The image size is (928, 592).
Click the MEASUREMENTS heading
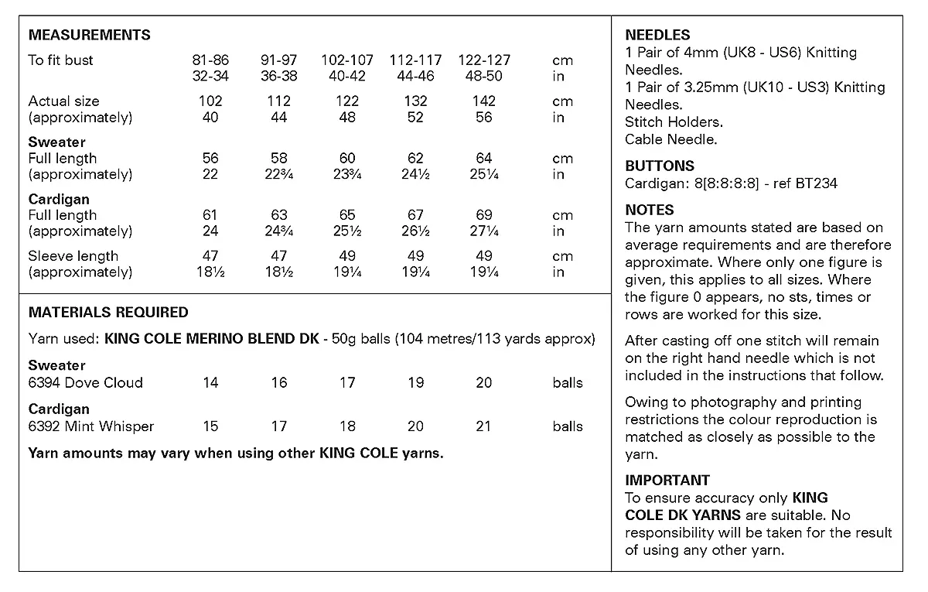(x=89, y=36)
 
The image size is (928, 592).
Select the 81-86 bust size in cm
(x=210, y=60)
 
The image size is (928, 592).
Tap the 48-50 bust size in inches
(x=484, y=77)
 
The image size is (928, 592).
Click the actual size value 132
(x=416, y=101)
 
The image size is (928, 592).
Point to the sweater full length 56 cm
(x=210, y=159)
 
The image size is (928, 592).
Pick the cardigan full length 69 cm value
(x=484, y=215)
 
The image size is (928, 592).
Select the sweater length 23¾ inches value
(x=347, y=175)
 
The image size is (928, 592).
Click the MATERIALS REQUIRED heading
(x=108, y=313)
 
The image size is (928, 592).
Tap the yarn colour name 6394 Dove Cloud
(x=86, y=382)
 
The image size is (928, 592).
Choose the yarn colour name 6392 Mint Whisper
(x=91, y=426)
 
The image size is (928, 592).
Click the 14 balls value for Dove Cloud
(x=210, y=382)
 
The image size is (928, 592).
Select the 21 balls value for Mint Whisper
(x=484, y=426)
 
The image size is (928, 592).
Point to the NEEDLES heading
(x=657, y=36)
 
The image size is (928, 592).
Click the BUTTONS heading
(x=660, y=166)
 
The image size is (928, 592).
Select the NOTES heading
(x=650, y=210)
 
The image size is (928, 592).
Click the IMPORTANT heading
(x=667, y=481)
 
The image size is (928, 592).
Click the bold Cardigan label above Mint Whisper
(x=59, y=409)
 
